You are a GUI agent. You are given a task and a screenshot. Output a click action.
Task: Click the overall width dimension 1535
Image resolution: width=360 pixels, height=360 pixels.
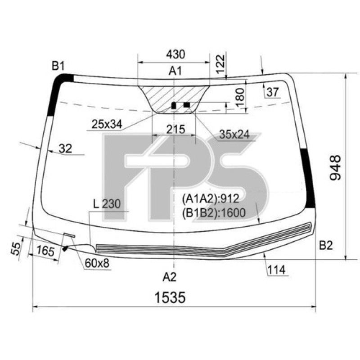pyautogui.click(x=170, y=297)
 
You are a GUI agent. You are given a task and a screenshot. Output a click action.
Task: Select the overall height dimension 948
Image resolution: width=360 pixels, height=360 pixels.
pyautogui.click(x=335, y=167)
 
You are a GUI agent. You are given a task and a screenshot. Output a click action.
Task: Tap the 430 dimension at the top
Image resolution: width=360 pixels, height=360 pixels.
pyautogui.click(x=175, y=54)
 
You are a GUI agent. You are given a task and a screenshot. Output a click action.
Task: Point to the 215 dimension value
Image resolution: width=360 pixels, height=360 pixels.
pyautogui.click(x=175, y=130)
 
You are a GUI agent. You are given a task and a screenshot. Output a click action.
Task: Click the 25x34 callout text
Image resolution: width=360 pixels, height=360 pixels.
pyautogui.click(x=107, y=124)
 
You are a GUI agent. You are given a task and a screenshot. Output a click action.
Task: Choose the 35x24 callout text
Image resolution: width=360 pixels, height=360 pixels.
pyautogui.click(x=234, y=135)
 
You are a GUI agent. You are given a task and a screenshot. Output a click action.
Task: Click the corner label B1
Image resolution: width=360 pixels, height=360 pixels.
pyautogui.click(x=58, y=66)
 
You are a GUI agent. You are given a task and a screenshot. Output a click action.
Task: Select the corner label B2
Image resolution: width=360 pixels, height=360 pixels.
pyautogui.click(x=326, y=245)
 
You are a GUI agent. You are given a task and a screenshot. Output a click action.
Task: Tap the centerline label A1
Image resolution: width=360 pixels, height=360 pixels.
pyautogui.click(x=175, y=71)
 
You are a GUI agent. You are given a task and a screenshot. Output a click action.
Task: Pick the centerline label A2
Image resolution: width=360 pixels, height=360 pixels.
pyautogui.click(x=170, y=277)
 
